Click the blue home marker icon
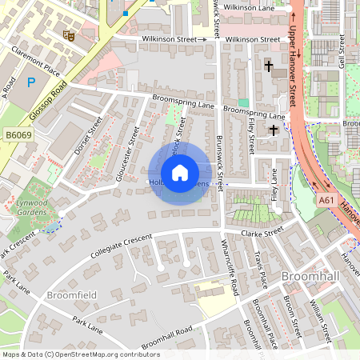tap(180, 172)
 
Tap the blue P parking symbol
tap(31, 82)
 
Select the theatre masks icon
tap(69, 35)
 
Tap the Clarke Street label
tap(262, 233)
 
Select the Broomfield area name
tap(71, 295)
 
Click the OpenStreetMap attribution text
tap(81, 354)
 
